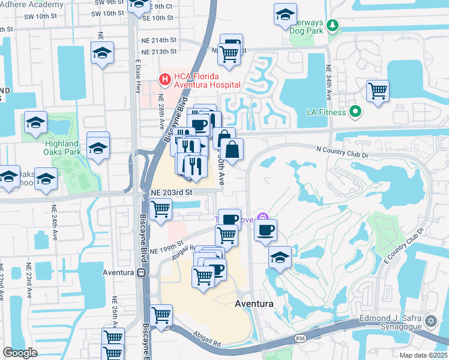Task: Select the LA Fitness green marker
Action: pyautogui.click(x=355, y=112)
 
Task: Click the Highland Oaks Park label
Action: pyautogui.click(x=61, y=148)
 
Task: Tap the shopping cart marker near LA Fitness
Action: pyautogui.click(x=378, y=92)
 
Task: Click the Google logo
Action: pyautogui.click(x=20, y=353)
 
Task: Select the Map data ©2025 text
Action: pyautogui.click(x=423, y=355)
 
